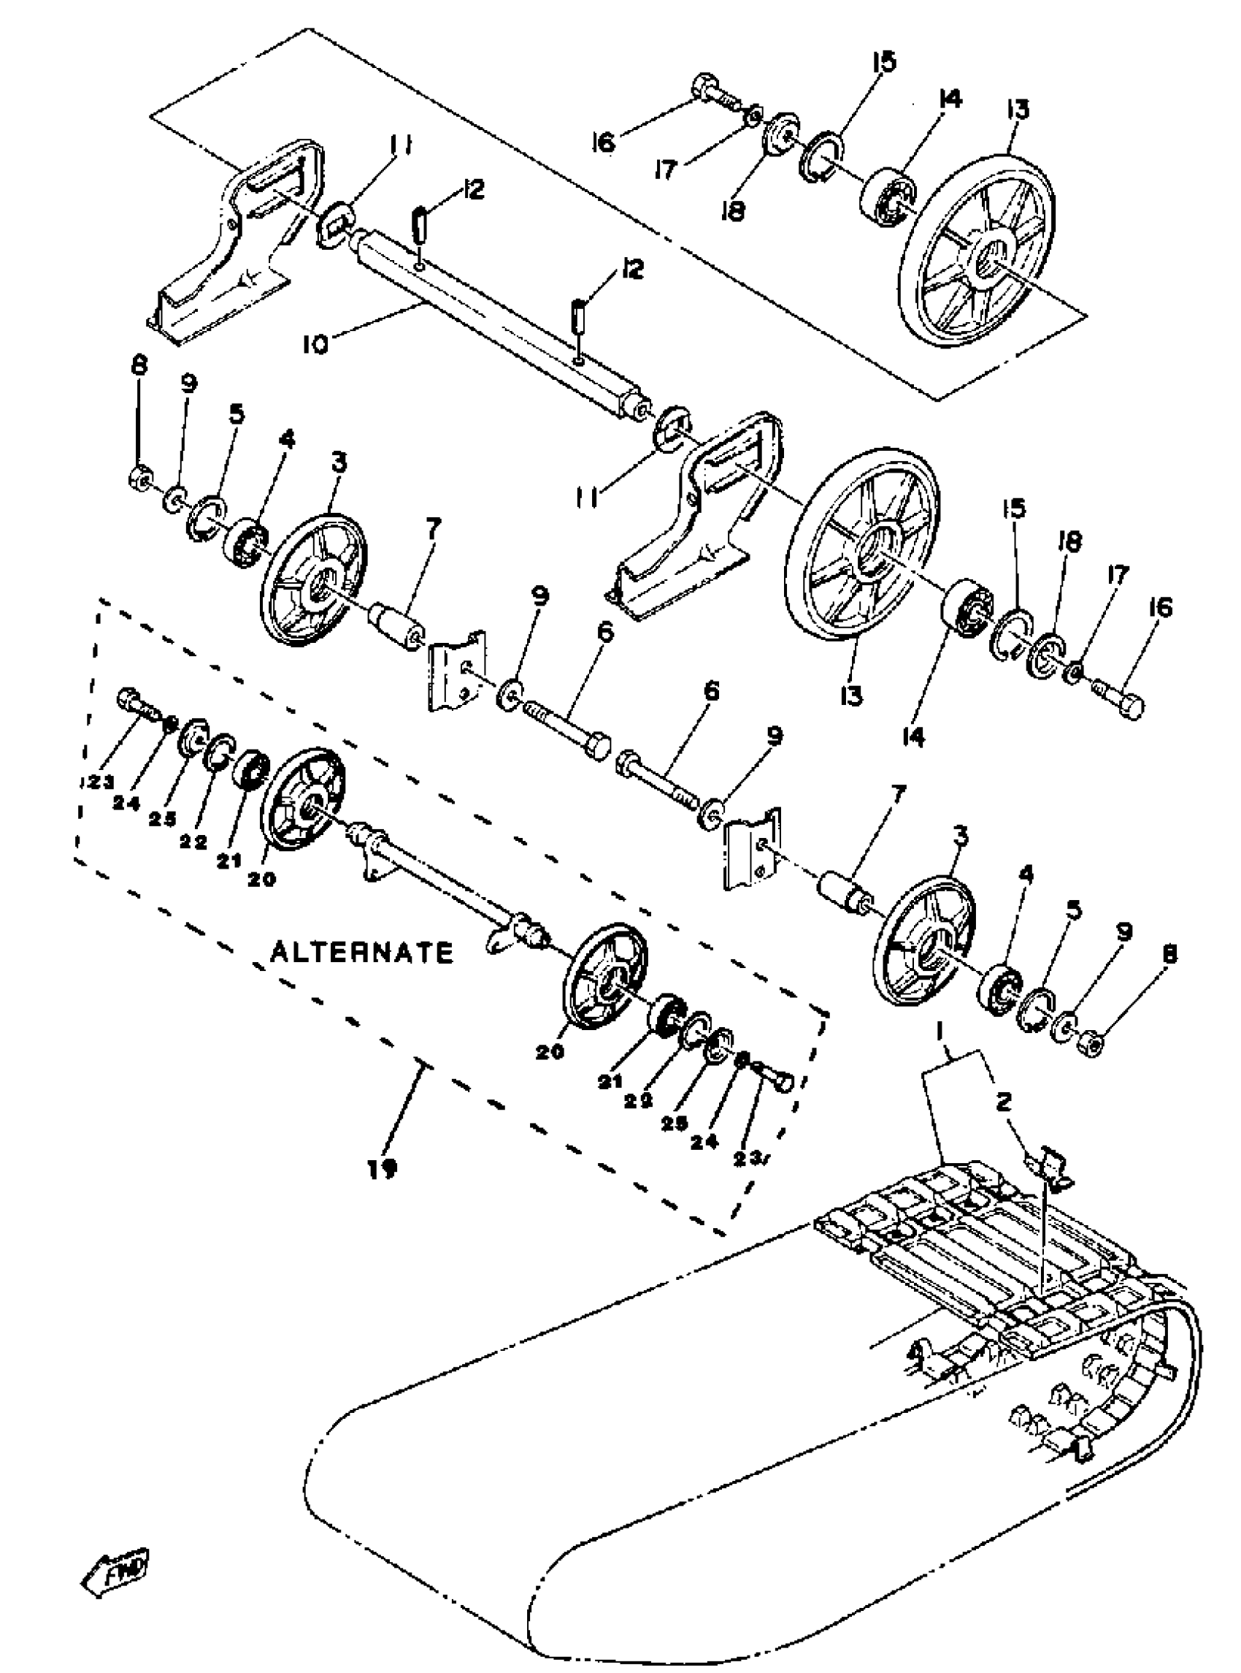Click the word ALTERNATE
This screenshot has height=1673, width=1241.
(x=362, y=953)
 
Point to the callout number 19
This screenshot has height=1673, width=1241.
(x=383, y=1169)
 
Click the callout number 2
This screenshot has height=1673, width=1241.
(x=1004, y=1102)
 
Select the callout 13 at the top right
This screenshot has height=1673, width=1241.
(x=1018, y=110)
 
